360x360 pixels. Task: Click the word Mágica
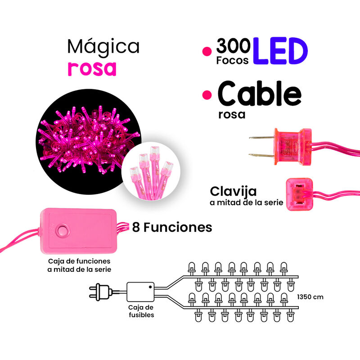pos(103,47)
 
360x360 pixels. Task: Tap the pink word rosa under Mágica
pos(92,68)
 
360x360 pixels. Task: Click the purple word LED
pos(280,52)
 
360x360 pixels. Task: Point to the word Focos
pos(232,61)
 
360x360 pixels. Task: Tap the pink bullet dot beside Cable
pos(207,94)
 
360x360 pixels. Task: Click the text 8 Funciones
pos(172,227)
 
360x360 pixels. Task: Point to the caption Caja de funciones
pos(79,261)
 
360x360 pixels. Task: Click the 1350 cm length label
pos(310,297)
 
